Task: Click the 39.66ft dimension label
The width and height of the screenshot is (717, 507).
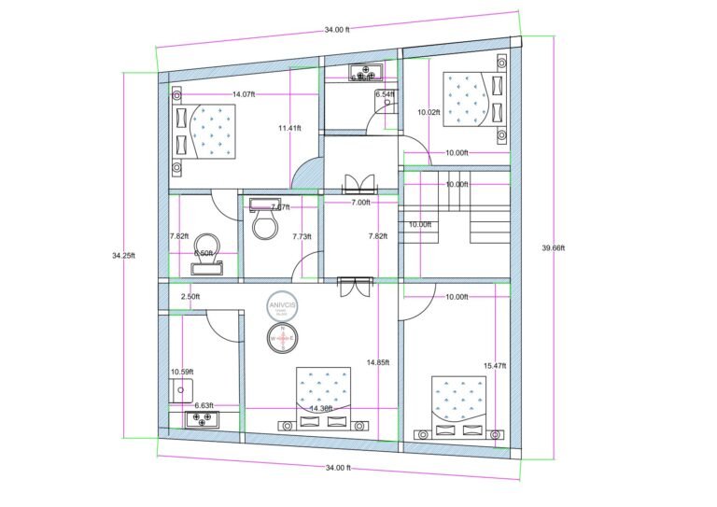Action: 555,248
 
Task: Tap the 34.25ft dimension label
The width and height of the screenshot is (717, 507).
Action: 124,255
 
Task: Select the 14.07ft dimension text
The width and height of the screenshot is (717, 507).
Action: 244,94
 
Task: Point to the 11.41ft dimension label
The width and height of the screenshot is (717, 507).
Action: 289,128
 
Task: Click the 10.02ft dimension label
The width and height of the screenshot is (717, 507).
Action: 429,112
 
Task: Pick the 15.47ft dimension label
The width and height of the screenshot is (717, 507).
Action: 495,365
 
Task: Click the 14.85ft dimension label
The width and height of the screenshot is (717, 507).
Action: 378,362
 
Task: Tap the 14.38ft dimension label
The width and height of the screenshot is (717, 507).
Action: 321,408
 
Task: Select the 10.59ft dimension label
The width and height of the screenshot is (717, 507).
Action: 181,373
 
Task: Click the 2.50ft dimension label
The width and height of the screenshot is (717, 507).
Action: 190,297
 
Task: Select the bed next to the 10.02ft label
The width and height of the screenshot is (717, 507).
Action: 470,100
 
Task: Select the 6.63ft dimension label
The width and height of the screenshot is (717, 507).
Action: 204,405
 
